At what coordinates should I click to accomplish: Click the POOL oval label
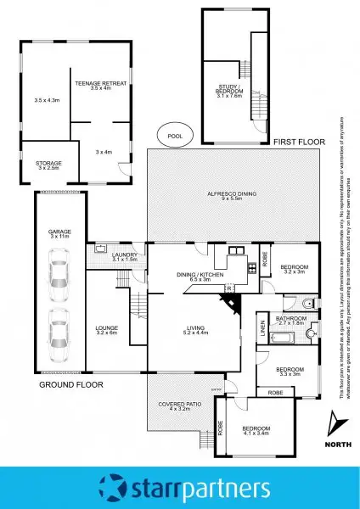pyautogui.click(x=174, y=135)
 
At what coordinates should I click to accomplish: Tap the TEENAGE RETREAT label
pyautogui.click(x=99, y=85)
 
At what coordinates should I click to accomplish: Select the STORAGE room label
pyautogui.click(x=48, y=165)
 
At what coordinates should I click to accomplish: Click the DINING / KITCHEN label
pyautogui.click(x=200, y=276)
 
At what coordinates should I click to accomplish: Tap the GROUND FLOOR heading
pyautogui.click(x=70, y=384)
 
